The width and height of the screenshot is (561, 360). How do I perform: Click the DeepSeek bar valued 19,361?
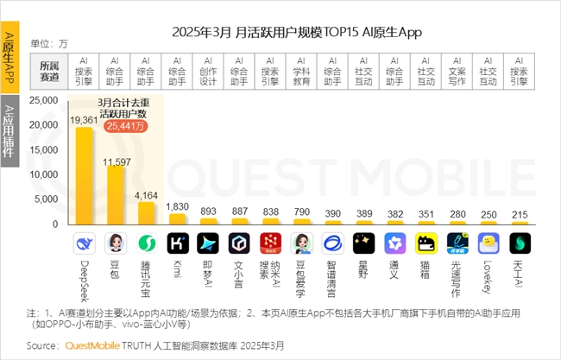pos(85,176)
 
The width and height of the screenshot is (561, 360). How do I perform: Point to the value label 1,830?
pos(179,207)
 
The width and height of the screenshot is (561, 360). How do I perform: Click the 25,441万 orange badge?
pos(128,126)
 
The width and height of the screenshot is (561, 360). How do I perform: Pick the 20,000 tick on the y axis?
pos(42,125)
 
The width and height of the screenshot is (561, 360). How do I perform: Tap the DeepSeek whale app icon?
pos(85,242)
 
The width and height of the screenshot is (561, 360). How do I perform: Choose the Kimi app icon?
pos(179,242)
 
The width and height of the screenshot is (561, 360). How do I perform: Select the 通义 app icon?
pos(394,242)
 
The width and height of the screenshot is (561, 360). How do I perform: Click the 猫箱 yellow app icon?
pos(425,242)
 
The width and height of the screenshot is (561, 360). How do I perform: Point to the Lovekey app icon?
pos(488,242)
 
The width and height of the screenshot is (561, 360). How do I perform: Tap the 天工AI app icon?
pos(519,242)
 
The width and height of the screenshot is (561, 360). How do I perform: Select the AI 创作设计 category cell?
pos(208,71)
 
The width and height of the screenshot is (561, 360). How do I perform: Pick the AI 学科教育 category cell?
pos(301,71)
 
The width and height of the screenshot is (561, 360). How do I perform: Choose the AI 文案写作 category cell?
pos(457,71)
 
